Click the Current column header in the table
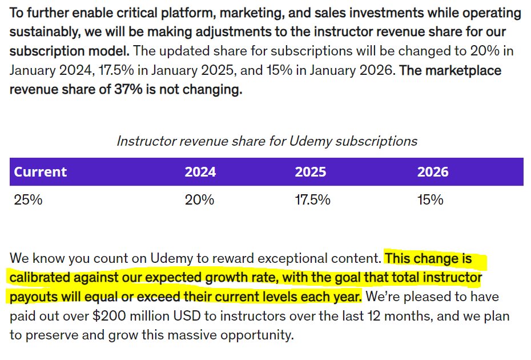click(x=41, y=172)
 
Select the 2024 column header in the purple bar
click(x=200, y=172)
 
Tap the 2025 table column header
click(x=311, y=172)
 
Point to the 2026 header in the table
click(x=433, y=172)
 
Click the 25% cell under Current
click(x=28, y=199)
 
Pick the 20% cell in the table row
click(x=199, y=199)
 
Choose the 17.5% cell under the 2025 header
click(x=312, y=199)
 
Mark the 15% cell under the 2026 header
click(x=430, y=199)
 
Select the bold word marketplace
click(x=463, y=71)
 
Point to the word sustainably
click(x=45, y=32)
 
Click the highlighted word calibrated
click(x=39, y=277)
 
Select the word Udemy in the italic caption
click(x=311, y=141)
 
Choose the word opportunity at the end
click(x=257, y=335)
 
